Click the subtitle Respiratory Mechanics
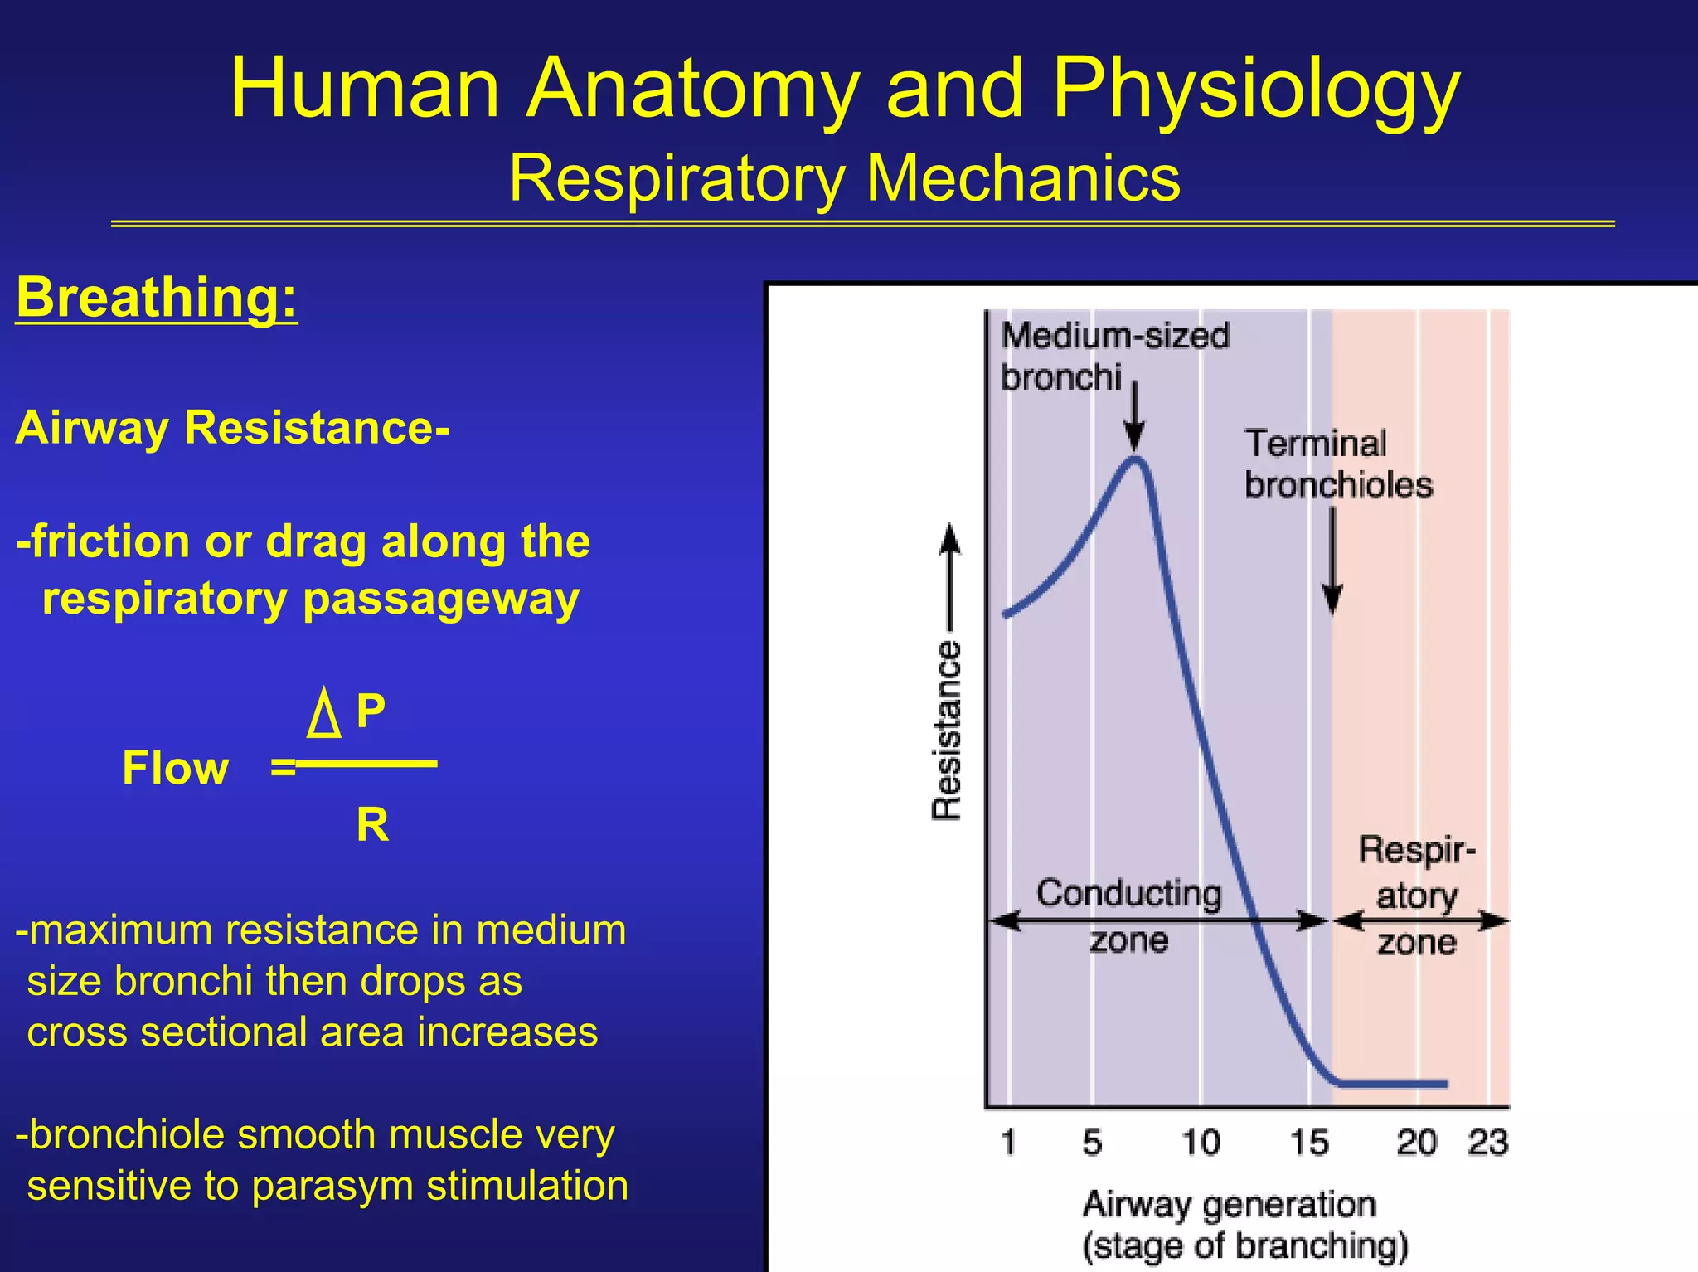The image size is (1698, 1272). (844, 177)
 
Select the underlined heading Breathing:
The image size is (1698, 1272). (156, 297)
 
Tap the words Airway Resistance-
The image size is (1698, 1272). (232, 428)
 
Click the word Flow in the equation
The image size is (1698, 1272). (175, 768)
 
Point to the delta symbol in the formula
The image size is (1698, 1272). (323, 715)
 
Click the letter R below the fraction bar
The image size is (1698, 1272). (372, 825)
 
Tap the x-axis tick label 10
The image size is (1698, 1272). (1201, 1143)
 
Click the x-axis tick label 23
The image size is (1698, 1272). (1487, 1143)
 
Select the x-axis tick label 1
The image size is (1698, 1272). (1008, 1143)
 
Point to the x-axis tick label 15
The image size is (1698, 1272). (1309, 1143)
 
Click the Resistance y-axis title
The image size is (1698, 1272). (946, 730)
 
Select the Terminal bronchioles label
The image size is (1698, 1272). (1337, 464)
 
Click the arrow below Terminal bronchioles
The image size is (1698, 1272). (1332, 564)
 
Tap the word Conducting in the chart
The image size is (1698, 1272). (1128, 894)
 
